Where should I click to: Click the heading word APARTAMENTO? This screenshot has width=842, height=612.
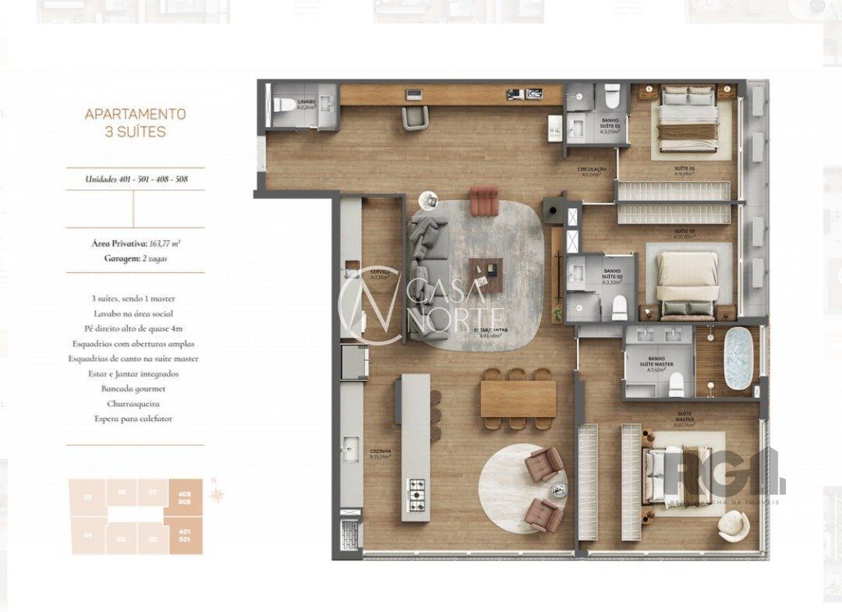click(135, 114)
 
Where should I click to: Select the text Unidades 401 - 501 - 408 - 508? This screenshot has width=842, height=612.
click(136, 179)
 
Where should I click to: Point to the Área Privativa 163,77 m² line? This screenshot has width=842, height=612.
click(136, 243)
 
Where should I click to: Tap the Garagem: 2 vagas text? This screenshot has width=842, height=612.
click(136, 257)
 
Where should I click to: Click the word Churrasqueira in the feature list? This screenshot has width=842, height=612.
click(136, 404)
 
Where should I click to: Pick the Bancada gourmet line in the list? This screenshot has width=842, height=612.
click(136, 388)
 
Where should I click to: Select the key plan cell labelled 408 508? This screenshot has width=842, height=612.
click(186, 497)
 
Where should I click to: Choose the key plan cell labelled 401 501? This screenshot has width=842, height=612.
click(186, 536)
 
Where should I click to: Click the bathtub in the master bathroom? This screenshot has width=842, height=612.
click(738, 358)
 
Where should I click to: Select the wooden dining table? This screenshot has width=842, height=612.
click(518, 398)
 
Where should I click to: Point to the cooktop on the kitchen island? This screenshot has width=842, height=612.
click(416, 491)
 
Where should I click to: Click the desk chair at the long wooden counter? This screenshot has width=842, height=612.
click(416, 117)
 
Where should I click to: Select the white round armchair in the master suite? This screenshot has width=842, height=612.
click(734, 527)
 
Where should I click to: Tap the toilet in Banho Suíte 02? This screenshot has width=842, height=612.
click(620, 309)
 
